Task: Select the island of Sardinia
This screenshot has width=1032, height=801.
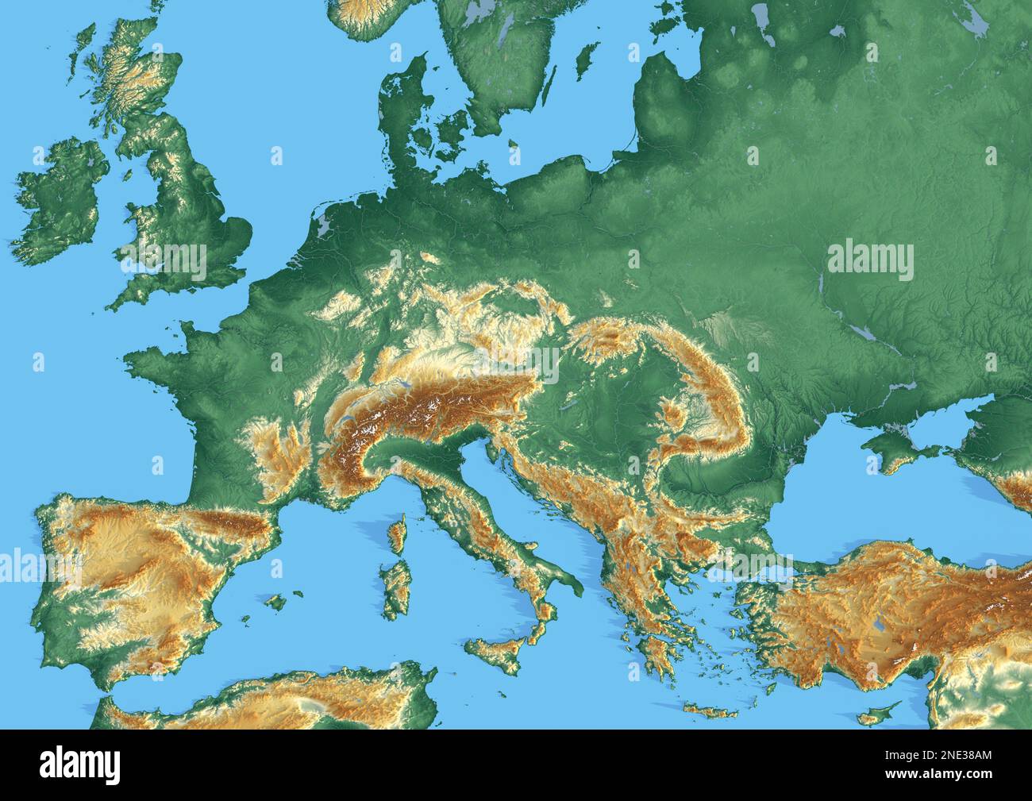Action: [x=395, y=587]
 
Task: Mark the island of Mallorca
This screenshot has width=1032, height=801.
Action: [x=275, y=602]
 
